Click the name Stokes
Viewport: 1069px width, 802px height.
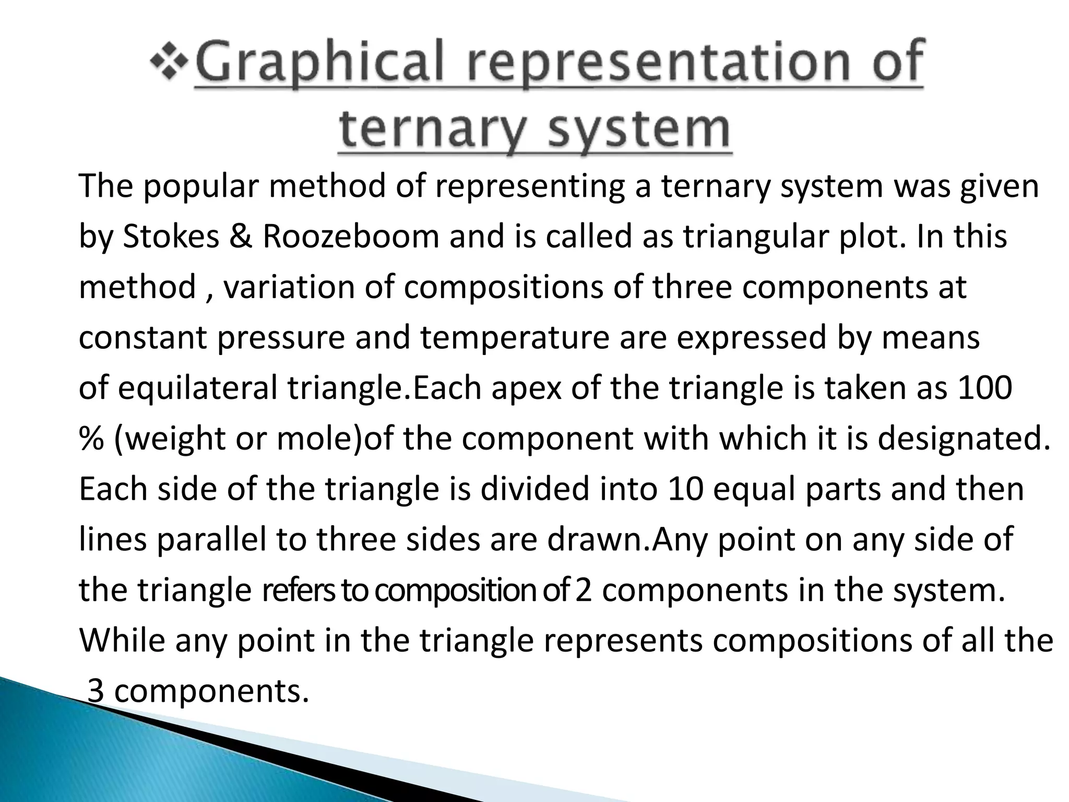tap(171, 236)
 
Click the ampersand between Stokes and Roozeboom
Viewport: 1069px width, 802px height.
tap(241, 236)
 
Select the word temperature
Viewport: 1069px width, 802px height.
tap(515, 337)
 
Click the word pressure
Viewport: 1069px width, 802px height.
tap(281, 337)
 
